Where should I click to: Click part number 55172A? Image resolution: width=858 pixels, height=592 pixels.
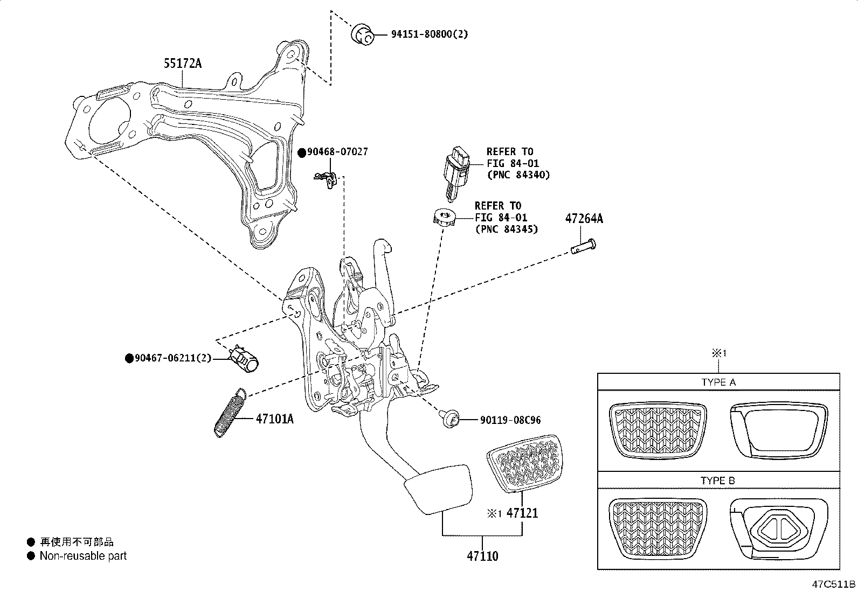[183, 64]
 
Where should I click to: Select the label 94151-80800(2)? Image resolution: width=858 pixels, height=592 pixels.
[430, 34]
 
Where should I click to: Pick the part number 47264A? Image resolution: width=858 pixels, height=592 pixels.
[584, 219]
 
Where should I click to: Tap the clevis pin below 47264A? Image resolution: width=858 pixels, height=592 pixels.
[583, 248]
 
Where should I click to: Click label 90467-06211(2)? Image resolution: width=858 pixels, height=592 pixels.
[172, 359]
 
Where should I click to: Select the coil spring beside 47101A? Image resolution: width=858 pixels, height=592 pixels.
[230, 413]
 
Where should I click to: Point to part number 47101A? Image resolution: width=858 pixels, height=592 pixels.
[274, 419]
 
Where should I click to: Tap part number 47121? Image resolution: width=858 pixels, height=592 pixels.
[523, 513]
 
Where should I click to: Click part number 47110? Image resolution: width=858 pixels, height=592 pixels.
[482, 556]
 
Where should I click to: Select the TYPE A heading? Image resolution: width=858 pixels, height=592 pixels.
[718, 382]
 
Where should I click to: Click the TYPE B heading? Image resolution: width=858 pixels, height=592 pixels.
[718, 480]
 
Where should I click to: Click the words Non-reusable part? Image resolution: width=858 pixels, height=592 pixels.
[83, 556]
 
